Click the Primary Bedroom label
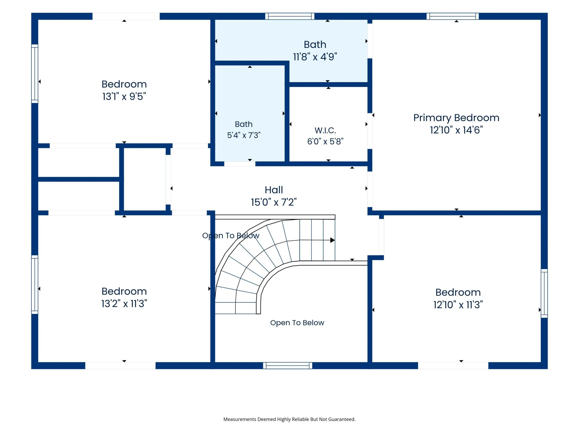456,118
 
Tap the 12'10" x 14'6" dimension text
456,130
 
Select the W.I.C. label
325,130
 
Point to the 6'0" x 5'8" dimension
325,141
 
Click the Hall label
274,190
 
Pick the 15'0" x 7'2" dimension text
274,202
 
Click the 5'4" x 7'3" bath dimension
244,135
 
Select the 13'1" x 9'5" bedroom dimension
124,96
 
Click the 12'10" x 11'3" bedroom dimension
458,305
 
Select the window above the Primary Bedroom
453,16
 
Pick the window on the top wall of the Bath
290,16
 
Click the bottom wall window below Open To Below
288,365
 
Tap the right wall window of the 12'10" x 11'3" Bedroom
544,293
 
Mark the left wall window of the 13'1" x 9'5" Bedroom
35,74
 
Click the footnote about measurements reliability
289,419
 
